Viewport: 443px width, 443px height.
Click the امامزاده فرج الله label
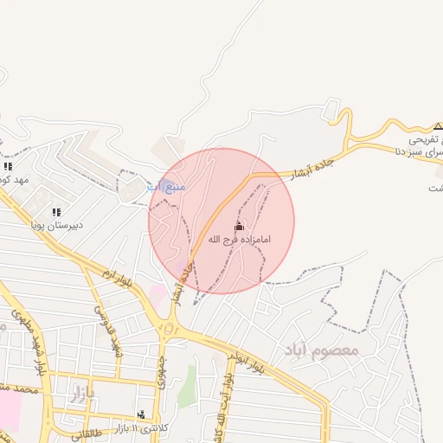pos(240,238)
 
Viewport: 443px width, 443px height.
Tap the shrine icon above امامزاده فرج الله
pos(240,225)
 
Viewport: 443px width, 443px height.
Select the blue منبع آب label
pos(165,186)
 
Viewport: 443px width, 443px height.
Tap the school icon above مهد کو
pos(9,166)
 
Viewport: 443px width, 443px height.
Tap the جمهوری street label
pos(161,368)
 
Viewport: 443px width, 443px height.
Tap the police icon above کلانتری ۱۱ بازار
pos(141,414)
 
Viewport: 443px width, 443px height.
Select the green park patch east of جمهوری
pos(188,386)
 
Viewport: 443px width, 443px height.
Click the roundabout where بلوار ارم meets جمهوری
pos(170,328)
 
